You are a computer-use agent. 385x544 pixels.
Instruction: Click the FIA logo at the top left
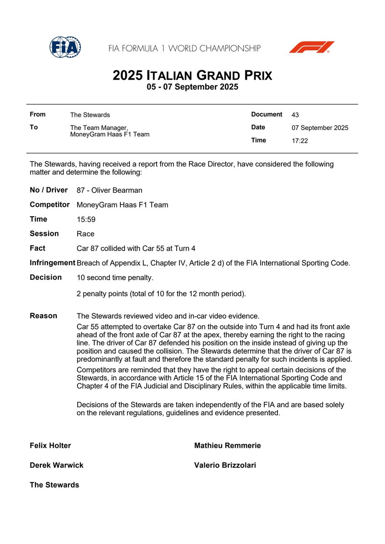(x=65, y=47)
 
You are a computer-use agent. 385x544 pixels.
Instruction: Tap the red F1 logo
(x=311, y=47)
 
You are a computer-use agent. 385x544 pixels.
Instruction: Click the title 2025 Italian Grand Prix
(x=192, y=75)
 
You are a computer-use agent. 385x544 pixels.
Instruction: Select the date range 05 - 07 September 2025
(x=192, y=87)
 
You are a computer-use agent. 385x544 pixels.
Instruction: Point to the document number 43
(x=295, y=115)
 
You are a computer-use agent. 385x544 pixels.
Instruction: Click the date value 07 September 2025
(x=320, y=128)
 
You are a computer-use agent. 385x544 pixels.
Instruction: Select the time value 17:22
(x=300, y=141)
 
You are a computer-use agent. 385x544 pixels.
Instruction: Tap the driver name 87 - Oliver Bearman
(x=109, y=190)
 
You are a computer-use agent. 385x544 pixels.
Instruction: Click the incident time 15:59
(x=86, y=219)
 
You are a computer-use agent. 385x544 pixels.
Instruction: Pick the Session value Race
(x=85, y=234)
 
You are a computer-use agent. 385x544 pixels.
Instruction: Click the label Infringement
(x=52, y=263)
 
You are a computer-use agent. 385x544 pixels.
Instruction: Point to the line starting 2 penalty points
(x=161, y=294)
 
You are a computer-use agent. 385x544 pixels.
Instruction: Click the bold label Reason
(x=44, y=316)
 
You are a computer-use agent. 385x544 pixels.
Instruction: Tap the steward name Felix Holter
(x=50, y=446)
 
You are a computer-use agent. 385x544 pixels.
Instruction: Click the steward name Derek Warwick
(x=56, y=465)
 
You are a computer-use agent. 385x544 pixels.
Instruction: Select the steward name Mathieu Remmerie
(x=227, y=446)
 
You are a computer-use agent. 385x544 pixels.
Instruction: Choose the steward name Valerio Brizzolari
(x=225, y=465)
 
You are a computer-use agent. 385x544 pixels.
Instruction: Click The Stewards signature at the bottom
(x=54, y=485)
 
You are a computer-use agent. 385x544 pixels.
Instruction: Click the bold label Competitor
(x=49, y=205)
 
